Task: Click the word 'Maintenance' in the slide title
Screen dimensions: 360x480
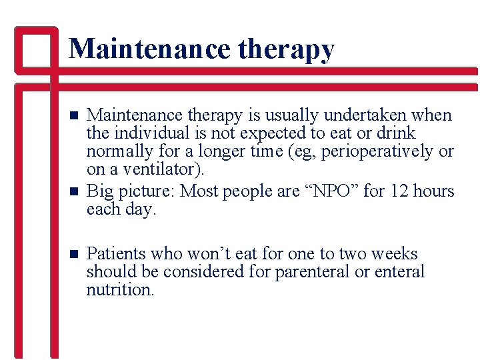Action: tap(149, 49)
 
